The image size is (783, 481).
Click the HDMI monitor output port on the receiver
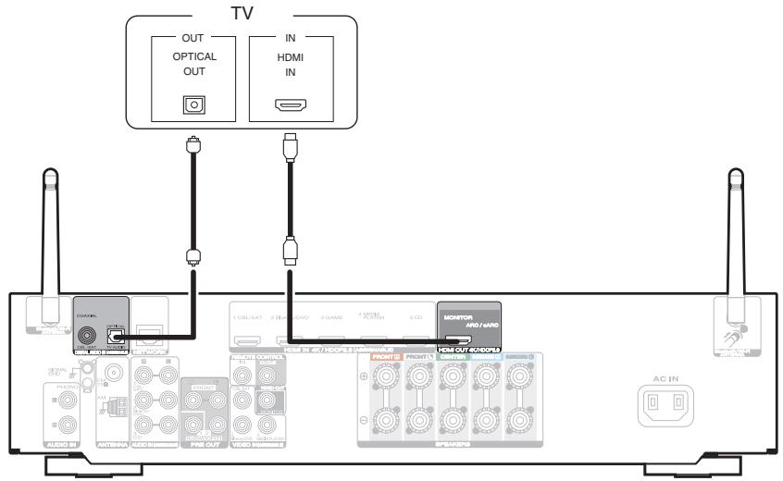(468, 341)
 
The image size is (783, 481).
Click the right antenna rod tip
(736, 177)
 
